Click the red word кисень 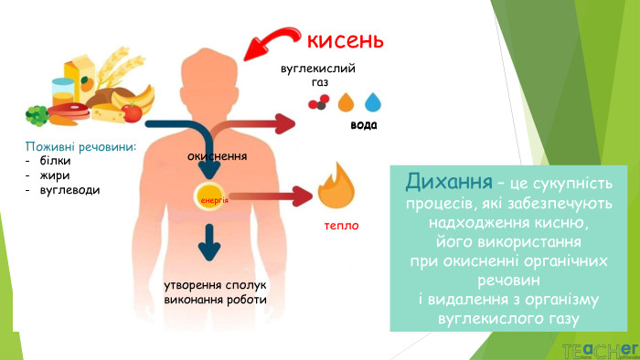(x=344, y=41)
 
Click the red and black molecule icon (x=317, y=102)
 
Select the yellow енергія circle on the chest (x=208, y=196)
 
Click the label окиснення (x=218, y=156)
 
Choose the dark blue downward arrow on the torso (x=210, y=242)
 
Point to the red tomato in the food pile (x=133, y=113)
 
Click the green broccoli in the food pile (x=37, y=115)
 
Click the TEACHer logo (x=599, y=349)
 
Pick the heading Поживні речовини (x=80, y=145)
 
